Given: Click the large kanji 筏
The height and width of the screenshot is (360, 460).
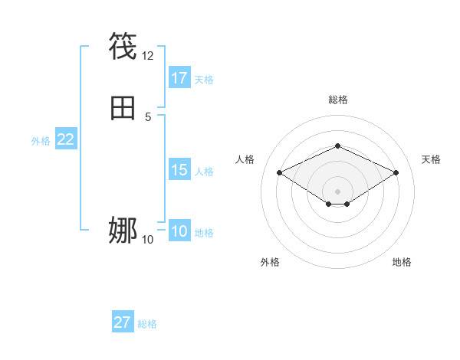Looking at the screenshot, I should coord(123,47).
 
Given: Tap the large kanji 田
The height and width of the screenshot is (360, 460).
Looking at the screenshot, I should coord(123,108).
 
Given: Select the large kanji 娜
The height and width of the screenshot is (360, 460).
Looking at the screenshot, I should coord(123,229).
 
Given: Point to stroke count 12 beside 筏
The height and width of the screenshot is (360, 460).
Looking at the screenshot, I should coord(148,56).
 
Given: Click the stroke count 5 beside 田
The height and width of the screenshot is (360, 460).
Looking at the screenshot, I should coord(148,117).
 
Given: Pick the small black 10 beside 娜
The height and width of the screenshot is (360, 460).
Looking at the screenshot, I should coord(148,240).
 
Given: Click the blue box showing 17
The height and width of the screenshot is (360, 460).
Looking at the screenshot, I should coord(179,77).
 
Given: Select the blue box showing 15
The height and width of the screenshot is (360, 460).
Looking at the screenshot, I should coord(179,170).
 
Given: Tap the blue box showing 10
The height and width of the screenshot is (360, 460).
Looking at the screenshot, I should coord(179,231).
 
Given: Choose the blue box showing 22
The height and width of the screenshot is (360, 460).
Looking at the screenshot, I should coord(66,139).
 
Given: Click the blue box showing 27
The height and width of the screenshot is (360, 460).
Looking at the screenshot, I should coord(123,322).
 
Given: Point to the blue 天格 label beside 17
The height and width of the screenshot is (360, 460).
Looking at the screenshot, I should coord(204,80).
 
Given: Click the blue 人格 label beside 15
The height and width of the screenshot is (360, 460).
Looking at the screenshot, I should coord(204,172).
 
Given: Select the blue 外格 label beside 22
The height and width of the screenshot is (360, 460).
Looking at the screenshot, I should coord(41,141).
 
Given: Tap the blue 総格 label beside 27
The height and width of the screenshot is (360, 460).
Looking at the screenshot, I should coord(147,324).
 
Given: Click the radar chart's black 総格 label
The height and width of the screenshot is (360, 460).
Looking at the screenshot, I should coord(337,100).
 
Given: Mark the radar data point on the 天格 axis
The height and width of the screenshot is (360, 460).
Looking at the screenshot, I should coord(396,172).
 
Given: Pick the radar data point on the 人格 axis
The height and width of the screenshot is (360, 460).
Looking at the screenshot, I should coord(279,172).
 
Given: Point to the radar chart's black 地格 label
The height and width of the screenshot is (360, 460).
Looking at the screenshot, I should coord(402,262).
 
